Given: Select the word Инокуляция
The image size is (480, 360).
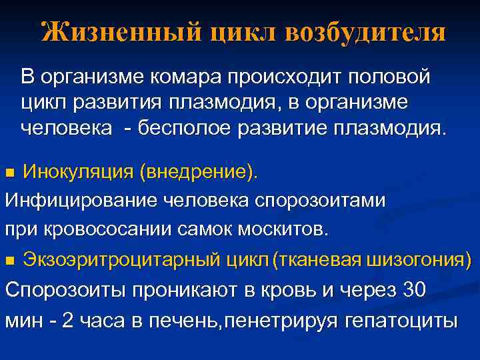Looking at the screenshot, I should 78,173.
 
